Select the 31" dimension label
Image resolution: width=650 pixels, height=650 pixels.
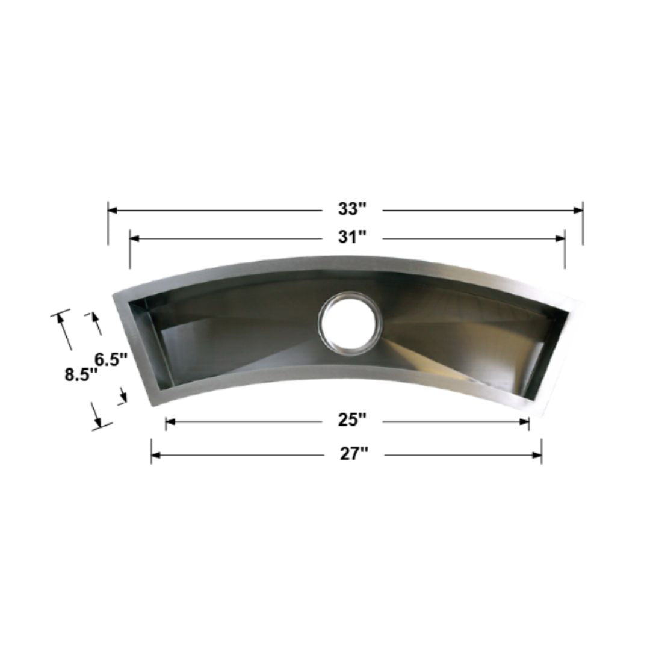tap(352, 238)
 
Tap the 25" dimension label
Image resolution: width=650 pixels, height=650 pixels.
tap(352, 420)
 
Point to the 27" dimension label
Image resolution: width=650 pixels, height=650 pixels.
tap(354, 454)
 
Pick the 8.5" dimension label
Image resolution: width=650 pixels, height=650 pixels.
tap(81, 374)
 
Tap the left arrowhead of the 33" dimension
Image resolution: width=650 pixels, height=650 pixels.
tap(113, 210)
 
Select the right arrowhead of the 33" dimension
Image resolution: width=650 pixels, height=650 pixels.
tap(578, 210)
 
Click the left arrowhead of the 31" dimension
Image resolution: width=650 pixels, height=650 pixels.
tap(135, 238)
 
